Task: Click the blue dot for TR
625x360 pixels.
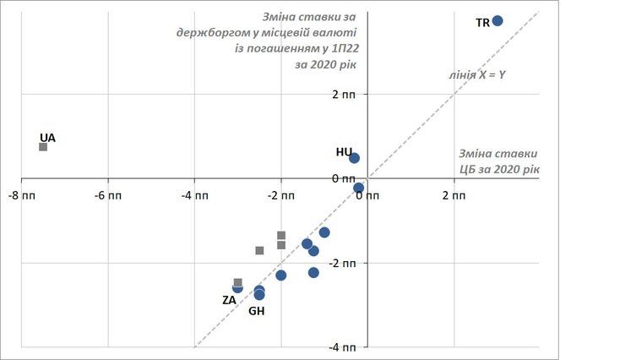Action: coord(497,20)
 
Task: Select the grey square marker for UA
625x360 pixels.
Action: coord(43,147)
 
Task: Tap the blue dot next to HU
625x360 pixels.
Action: coord(354,158)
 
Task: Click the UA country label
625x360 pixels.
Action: coord(47,137)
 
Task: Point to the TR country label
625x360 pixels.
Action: coord(483,23)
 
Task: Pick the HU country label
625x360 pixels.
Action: coord(344,152)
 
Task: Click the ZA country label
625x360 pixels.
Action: coord(229,299)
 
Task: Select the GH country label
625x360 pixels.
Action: coord(257,311)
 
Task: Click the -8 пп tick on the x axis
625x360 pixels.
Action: coord(22,196)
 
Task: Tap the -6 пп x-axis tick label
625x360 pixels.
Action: coord(107,196)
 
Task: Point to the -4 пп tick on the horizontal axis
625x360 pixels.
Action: coord(194,196)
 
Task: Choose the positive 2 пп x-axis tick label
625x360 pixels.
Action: coord(454,196)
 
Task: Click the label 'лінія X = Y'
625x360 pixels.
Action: coord(476,74)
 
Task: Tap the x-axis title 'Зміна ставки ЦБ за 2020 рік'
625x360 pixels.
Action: coord(498,162)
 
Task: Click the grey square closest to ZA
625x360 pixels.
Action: coord(238,283)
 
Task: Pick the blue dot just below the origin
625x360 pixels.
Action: coord(358,188)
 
